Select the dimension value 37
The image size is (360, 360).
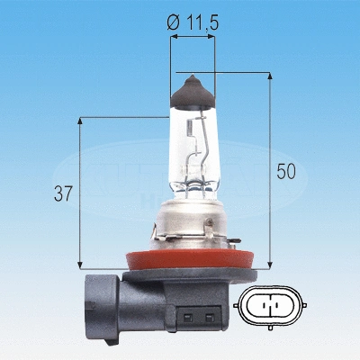63,193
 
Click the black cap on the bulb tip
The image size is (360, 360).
193,88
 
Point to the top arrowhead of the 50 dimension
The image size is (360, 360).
270,77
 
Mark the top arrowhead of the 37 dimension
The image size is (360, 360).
81,121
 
